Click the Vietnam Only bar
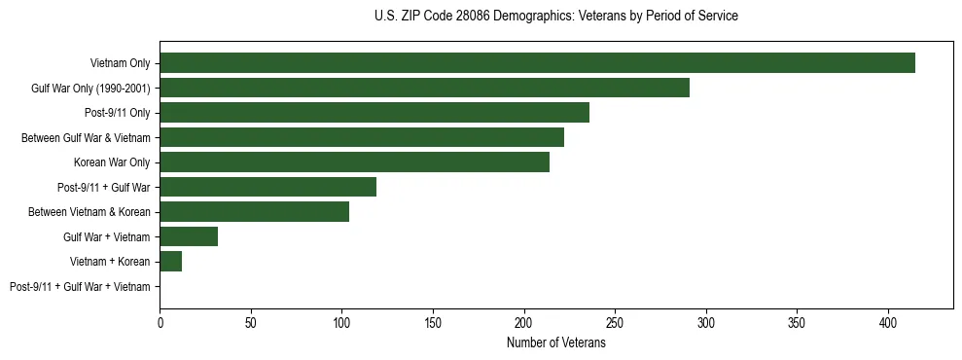click(537, 63)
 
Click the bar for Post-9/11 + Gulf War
click(267, 187)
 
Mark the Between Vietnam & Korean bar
click(254, 212)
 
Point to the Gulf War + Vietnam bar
click(189, 236)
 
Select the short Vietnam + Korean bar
click(170, 261)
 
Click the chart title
click(555, 17)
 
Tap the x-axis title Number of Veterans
click(555, 342)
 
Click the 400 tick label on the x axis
click(888, 322)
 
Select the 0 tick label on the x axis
click(160, 322)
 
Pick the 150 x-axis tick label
click(433, 322)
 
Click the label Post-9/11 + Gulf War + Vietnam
click(80, 287)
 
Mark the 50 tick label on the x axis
click(251, 322)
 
